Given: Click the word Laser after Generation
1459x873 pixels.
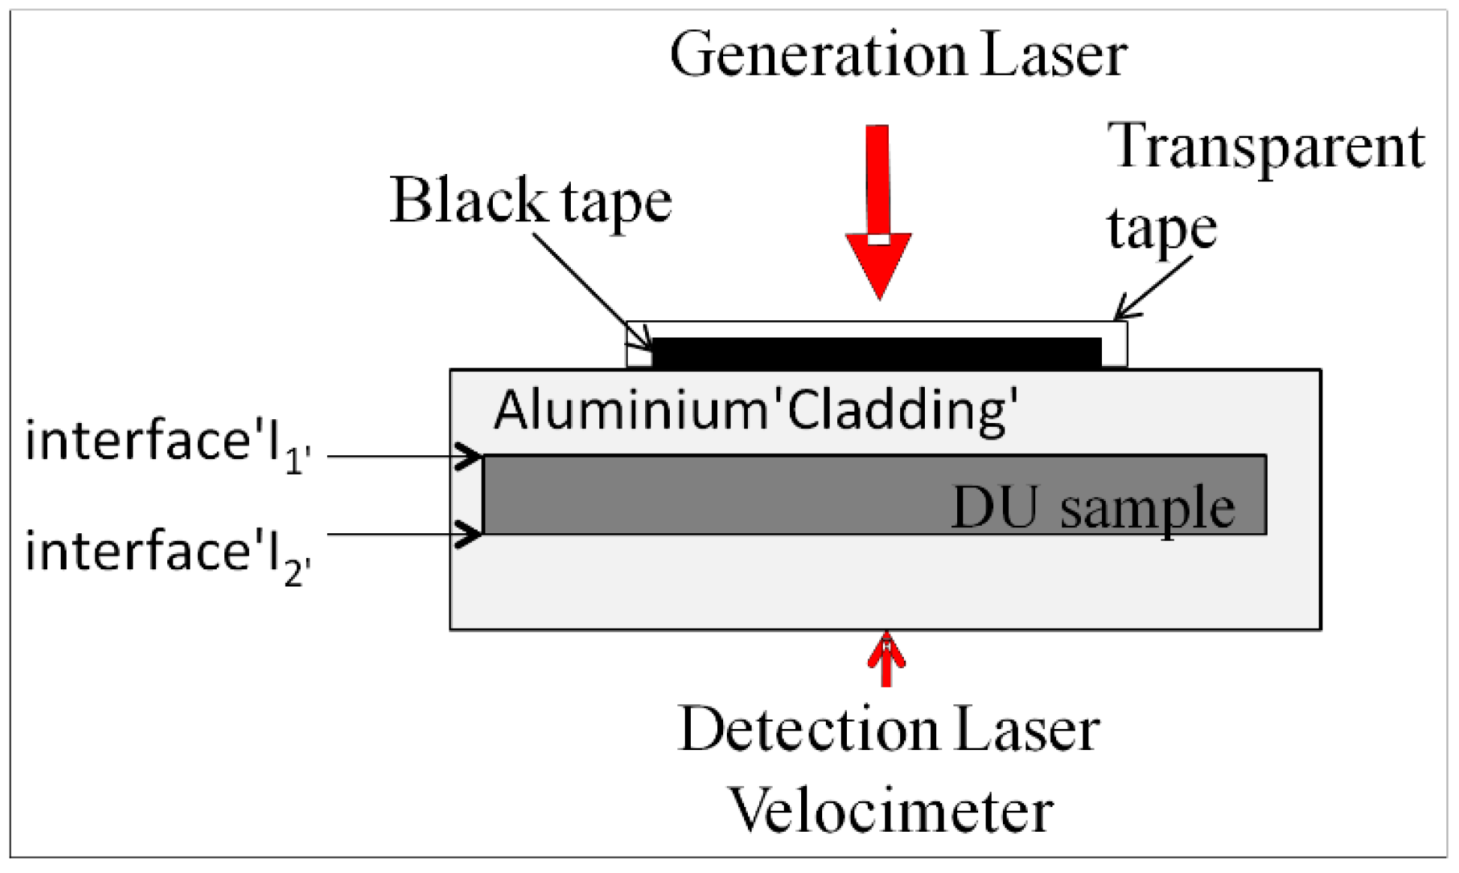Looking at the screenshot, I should tap(1053, 55).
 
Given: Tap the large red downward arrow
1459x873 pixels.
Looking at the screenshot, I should tap(878, 225).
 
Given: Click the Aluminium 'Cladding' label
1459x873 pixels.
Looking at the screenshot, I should tap(756, 410).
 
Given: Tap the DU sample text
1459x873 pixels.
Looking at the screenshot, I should tap(1092, 508).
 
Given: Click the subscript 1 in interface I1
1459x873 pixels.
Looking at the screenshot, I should tap(293, 461).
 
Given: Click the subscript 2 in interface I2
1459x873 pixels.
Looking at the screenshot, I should tap(293, 574).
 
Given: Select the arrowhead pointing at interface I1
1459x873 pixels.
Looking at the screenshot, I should tap(471, 456).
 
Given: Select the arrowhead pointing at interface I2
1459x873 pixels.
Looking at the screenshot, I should tap(471, 535).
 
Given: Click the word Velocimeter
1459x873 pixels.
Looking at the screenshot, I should tap(890, 811).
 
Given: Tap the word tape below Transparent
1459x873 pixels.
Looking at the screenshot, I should tap(1162, 229).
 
